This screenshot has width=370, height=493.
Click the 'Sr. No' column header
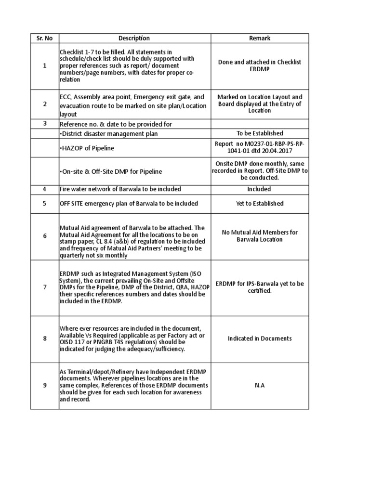[44, 39]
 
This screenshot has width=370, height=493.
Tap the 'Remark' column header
[259, 39]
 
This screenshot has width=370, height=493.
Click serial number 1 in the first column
[44, 65]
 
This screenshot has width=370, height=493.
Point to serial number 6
[44, 236]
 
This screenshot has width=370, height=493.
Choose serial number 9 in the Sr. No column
[44, 386]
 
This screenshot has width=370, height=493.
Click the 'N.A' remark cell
[259, 386]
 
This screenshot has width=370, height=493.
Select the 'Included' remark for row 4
[259, 189]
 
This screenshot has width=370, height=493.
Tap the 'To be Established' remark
[259, 133]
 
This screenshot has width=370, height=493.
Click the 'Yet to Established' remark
[259, 204]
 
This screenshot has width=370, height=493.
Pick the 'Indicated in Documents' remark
[259, 338]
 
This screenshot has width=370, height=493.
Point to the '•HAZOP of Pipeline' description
[87, 148]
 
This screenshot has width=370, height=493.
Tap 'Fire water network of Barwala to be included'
[120, 189]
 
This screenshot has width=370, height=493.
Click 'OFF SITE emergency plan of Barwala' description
[129, 204]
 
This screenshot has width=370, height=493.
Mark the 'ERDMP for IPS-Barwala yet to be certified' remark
[259, 287]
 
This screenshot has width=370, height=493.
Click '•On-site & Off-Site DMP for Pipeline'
[111, 171]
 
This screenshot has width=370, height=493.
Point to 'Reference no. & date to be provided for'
[116, 124]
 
